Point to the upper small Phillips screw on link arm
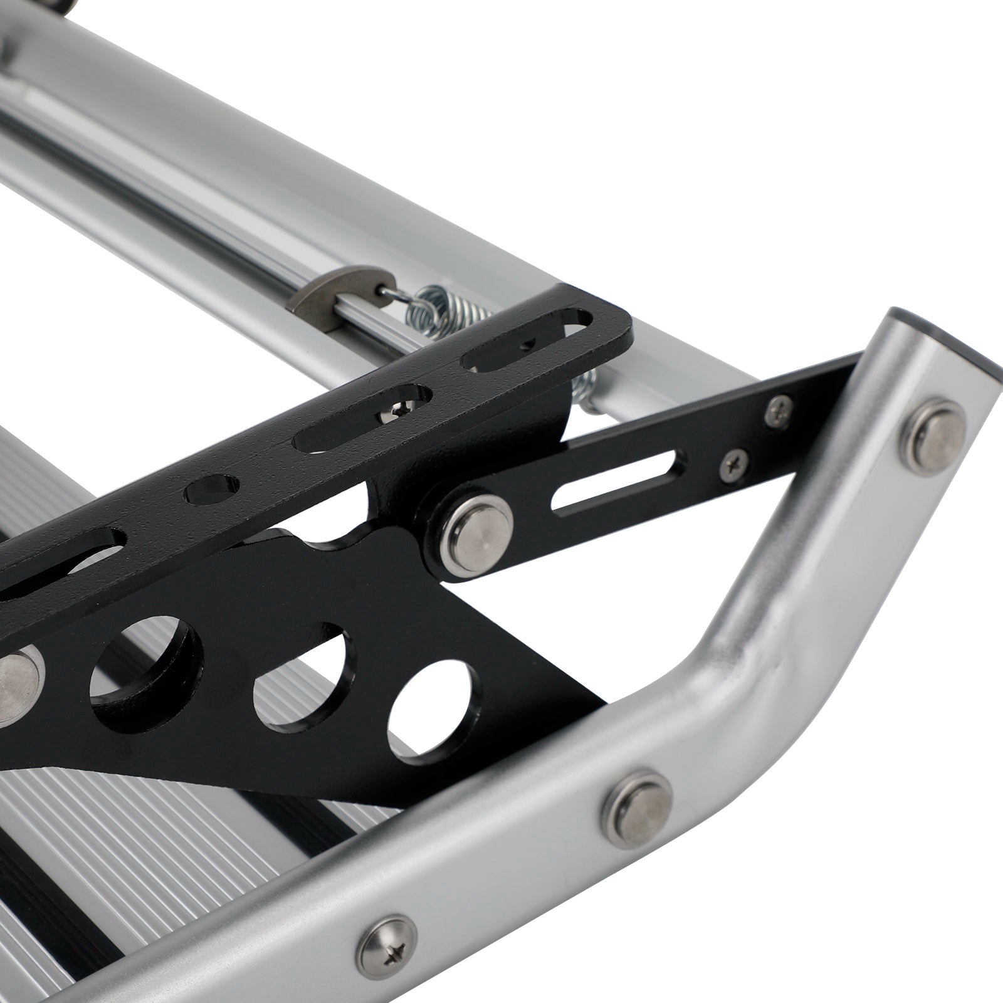(779, 410)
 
